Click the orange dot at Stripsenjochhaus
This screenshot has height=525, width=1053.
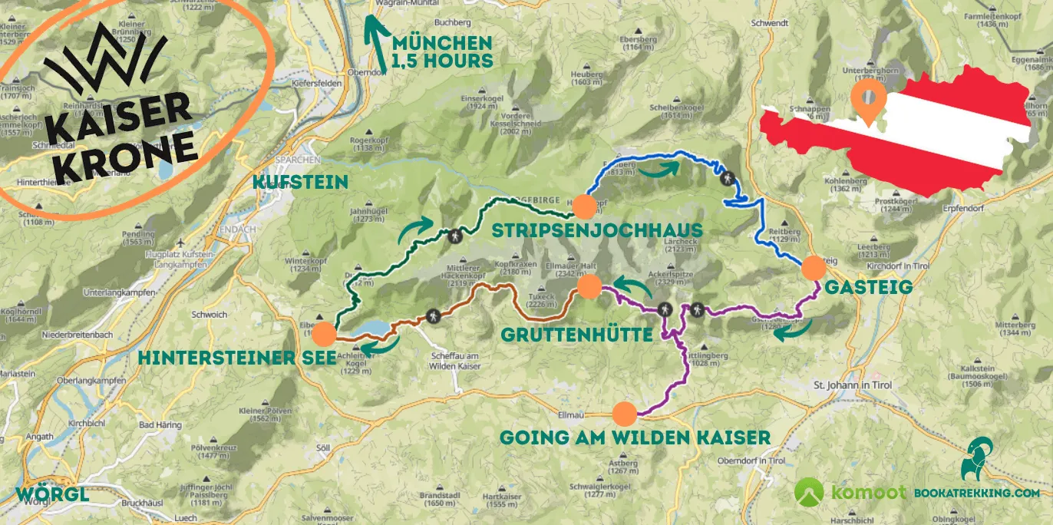(x=584, y=206)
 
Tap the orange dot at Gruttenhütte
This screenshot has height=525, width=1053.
(x=589, y=287)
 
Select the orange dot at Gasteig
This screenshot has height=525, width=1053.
(x=813, y=268)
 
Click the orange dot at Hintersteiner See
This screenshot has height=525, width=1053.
(x=324, y=334)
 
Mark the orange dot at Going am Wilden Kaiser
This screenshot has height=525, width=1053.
(x=625, y=414)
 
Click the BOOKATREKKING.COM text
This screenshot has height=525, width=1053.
(x=976, y=494)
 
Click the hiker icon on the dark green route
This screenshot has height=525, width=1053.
(x=456, y=236)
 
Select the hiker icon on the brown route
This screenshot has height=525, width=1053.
(x=433, y=316)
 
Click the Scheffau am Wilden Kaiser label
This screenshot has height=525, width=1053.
(x=456, y=362)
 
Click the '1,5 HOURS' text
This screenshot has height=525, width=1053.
(x=441, y=60)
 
